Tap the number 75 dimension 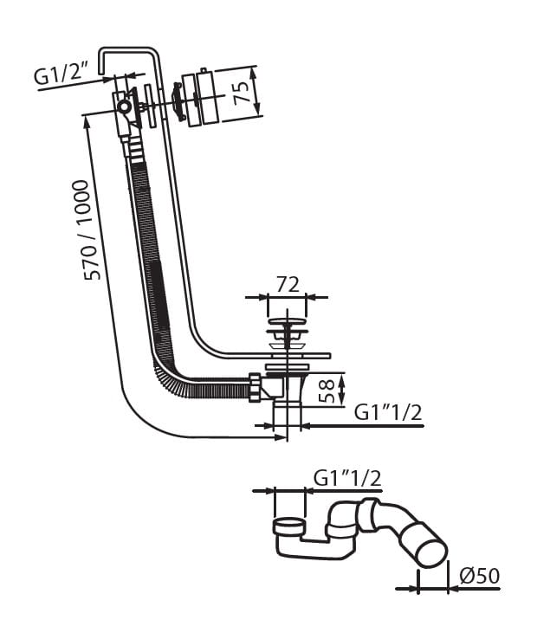(246, 89)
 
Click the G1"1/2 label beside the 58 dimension (388, 413)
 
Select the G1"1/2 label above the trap (347, 476)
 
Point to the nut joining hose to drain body (256, 386)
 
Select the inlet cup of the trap (289, 526)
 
